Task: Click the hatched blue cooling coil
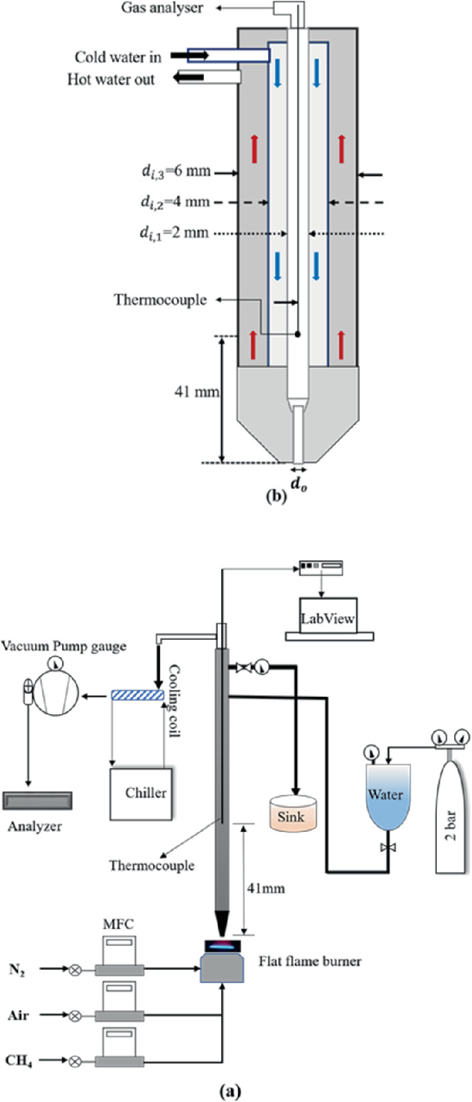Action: (x=138, y=696)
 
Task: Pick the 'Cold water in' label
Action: (x=118, y=57)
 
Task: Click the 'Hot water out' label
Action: (x=111, y=79)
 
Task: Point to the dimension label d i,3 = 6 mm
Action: (x=176, y=171)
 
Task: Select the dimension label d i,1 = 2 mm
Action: (x=175, y=233)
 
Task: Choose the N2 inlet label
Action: (x=18, y=969)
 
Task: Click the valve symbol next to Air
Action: (x=74, y=1015)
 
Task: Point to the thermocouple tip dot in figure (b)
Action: (x=298, y=335)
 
